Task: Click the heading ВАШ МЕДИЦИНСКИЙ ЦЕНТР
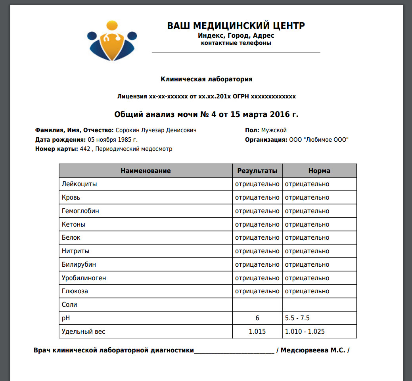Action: pos(236,26)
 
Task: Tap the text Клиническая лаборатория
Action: pos(206,79)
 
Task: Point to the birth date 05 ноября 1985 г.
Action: pos(113,140)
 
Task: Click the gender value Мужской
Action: pos(274,130)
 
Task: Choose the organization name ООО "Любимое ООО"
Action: pos(319,140)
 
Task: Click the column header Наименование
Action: pos(146,171)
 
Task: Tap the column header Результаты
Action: pos(257,171)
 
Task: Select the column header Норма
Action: pos(319,171)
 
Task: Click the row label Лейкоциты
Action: pos(79,184)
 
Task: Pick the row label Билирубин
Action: pos(79,264)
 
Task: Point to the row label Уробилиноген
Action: pos(84,278)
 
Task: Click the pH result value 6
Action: pos(257,318)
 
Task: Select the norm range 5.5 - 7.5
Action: pos(297,318)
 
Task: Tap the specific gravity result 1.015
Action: pos(257,331)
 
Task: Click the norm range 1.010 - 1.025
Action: pos(305,331)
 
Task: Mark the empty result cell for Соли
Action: pos(257,305)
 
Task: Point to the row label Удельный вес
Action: pos(84,331)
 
